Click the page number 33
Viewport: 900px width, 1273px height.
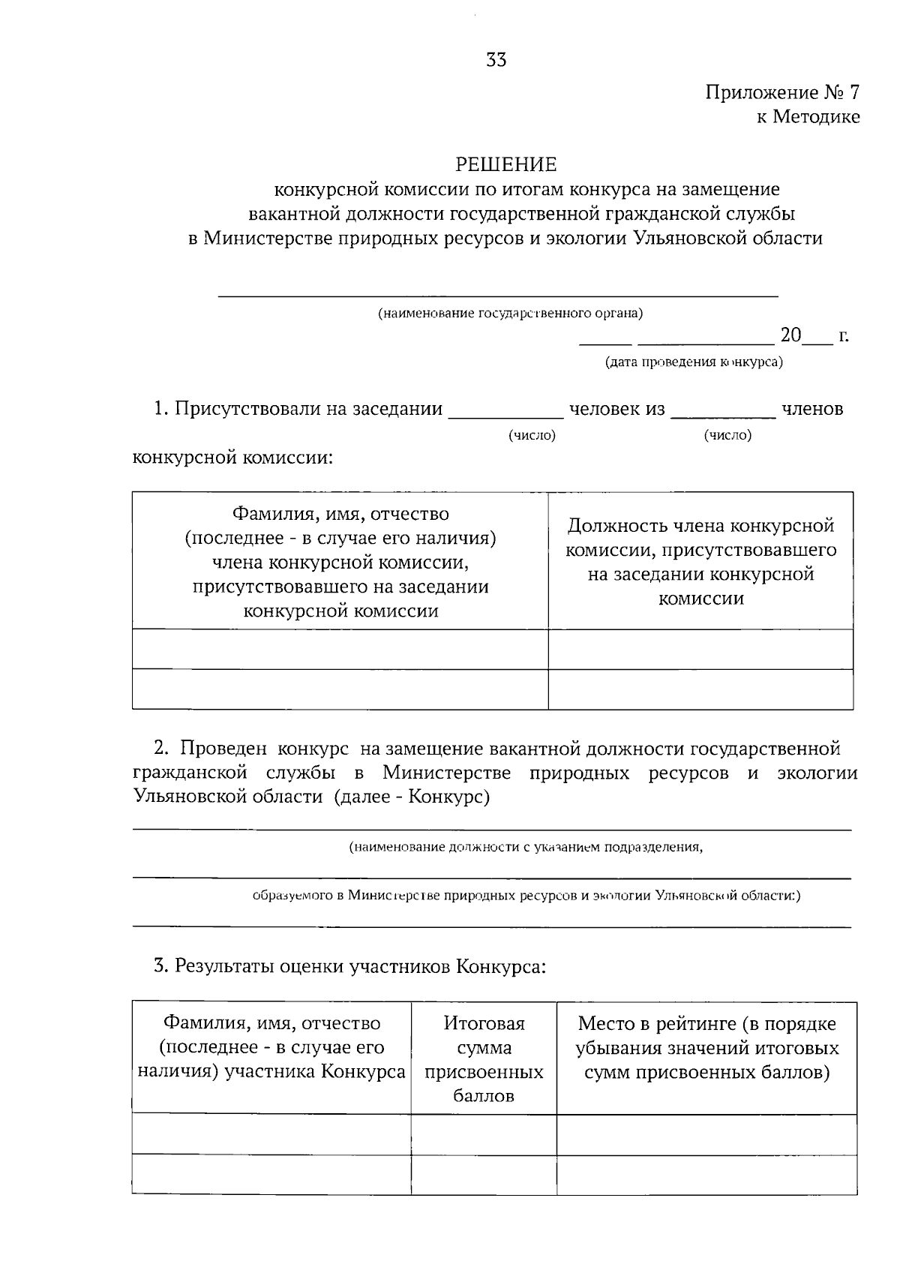[496, 60]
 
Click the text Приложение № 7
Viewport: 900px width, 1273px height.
[782, 92]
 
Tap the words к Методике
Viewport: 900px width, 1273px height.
[807, 117]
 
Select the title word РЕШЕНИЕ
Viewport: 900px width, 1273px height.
[507, 164]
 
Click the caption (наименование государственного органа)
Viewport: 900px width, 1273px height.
[510, 313]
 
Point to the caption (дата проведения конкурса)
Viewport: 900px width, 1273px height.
[694, 362]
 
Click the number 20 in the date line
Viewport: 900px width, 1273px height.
[790, 335]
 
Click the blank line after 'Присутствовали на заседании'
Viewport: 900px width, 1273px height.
[505, 411]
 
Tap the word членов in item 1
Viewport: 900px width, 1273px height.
[812, 409]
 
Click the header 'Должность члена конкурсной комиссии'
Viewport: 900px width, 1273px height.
[700, 561]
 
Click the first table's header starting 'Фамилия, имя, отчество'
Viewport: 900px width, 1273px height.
[340, 562]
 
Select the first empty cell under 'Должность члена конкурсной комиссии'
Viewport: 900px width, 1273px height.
[700, 649]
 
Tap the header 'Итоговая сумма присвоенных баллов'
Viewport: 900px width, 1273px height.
[484, 1058]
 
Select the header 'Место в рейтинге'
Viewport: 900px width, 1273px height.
[706, 1047]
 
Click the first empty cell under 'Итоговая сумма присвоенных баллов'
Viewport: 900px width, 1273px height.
[484, 1134]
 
